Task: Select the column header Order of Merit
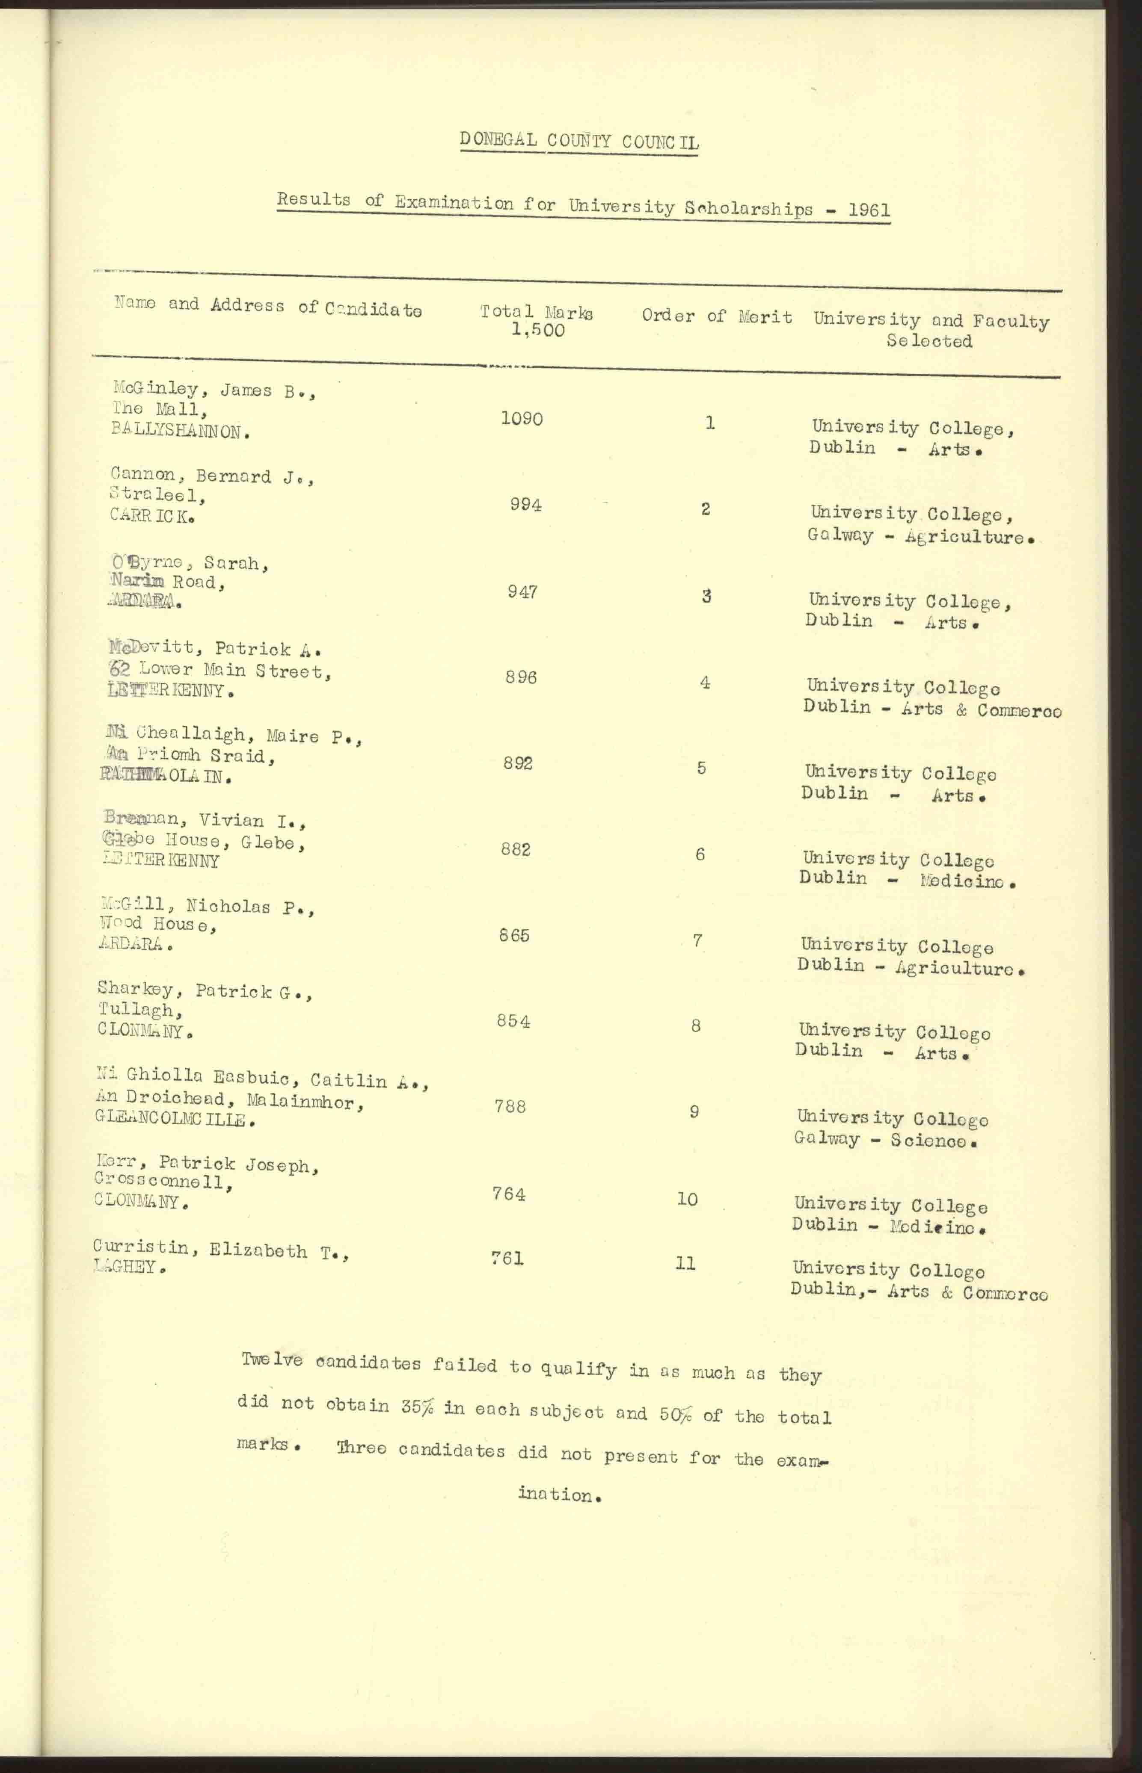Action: point(716,316)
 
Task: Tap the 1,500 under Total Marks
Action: point(538,331)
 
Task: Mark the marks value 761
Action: point(507,1258)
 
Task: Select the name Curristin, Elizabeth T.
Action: point(221,1249)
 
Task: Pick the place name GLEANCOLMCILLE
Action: point(175,1120)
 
